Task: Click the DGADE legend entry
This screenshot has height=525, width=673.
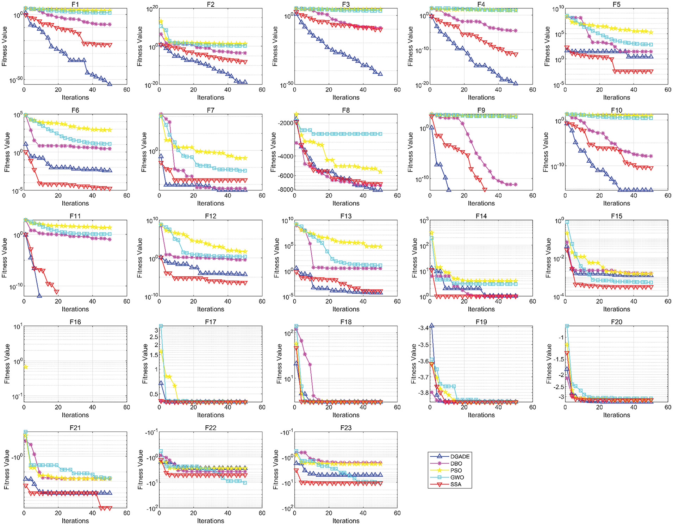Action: point(460,457)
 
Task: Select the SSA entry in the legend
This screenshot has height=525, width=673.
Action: point(456,485)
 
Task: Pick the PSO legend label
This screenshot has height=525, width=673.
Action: point(456,470)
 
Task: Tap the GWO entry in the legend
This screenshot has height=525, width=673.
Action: point(457,477)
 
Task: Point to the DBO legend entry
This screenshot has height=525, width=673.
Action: point(456,464)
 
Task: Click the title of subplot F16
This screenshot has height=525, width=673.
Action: point(75,322)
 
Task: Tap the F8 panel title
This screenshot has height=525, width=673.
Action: point(345,110)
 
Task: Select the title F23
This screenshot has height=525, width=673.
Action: point(345,428)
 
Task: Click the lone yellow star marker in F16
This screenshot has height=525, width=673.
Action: point(25,367)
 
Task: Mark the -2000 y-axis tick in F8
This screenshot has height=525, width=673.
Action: point(285,123)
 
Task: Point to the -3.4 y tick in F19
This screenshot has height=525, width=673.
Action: point(423,328)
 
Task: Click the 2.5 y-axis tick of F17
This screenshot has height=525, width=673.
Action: point(154,337)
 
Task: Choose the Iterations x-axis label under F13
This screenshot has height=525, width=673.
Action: point(345,309)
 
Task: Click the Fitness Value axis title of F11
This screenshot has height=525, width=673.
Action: point(5,258)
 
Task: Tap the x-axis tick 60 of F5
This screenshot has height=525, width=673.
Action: point(668,90)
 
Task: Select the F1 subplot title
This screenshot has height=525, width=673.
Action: point(75,5)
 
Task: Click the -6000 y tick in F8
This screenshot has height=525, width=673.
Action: point(285,176)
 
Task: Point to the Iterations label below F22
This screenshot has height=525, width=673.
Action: point(210,521)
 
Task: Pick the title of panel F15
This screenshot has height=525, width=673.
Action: point(616,216)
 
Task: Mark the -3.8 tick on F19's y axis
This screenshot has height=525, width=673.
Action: point(423,393)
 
